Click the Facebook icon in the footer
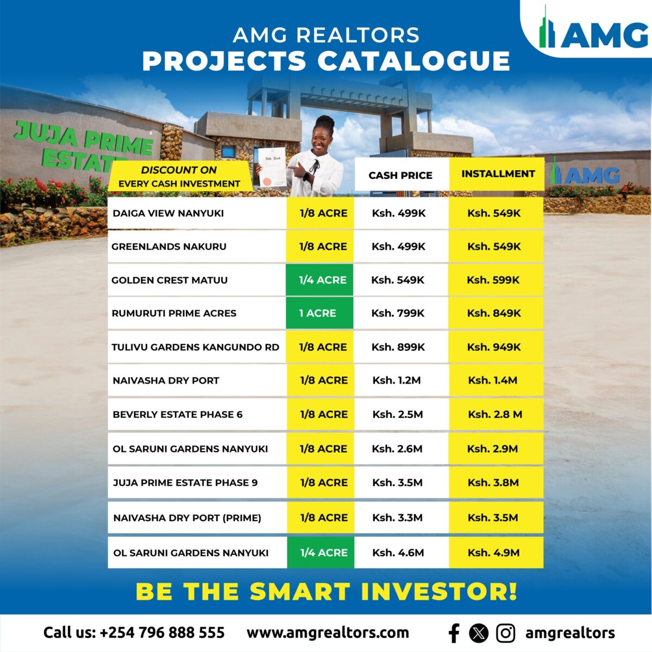pyautogui.click(x=454, y=633)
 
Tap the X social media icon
pyautogui.click(x=479, y=633)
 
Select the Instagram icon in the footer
pyautogui.click(x=505, y=633)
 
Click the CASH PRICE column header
pyautogui.click(x=400, y=175)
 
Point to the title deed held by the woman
pyautogui.click(x=272, y=167)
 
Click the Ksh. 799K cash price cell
pyautogui.click(x=398, y=314)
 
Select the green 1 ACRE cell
pyautogui.click(x=319, y=313)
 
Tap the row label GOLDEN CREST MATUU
pyautogui.click(x=170, y=280)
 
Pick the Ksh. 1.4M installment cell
pyautogui.click(x=493, y=380)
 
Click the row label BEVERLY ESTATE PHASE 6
pyautogui.click(x=178, y=415)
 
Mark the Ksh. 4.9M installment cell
pyautogui.click(x=494, y=553)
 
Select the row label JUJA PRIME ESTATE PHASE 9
pyautogui.click(x=185, y=482)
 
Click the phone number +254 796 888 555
pyautogui.click(x=162, y=633)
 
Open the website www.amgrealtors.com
pyautogui.click(x=328, y=633)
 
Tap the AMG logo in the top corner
pyautogui.click(x=593, y=32)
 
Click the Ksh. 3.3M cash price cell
pyautogui.click(x=397, y=518)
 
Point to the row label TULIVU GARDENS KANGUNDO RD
pyautogui.click(x=195, y=348)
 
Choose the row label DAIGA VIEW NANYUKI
pyautogui.click(x=168, y=213)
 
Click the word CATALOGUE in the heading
pyautogui.click(x=413, y=61)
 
